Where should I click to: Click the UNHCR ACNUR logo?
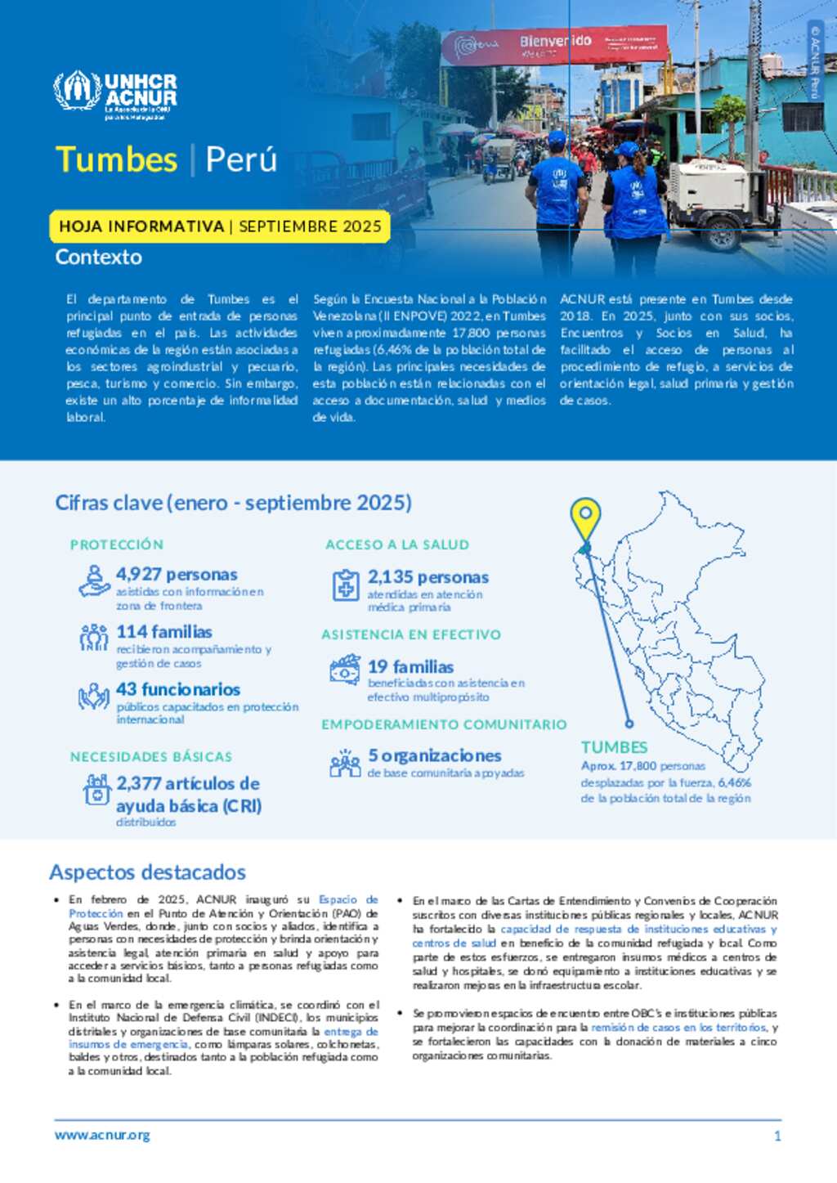115,94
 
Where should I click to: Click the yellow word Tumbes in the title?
116,159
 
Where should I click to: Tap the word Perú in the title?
241,159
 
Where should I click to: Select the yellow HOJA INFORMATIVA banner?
220,226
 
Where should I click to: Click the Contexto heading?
99,257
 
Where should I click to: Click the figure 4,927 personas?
177,575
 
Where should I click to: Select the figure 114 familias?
164,632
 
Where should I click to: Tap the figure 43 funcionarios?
178,689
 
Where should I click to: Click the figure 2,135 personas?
427,577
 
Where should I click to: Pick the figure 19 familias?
410,667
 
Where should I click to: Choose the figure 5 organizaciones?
434,755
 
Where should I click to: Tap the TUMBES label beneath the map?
614,747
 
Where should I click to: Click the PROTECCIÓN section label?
117,544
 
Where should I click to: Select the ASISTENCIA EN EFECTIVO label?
411,634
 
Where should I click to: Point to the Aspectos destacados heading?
147,872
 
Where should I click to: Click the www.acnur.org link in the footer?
102,1135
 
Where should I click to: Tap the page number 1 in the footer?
777,1136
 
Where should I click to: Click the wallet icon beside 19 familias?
345,670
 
